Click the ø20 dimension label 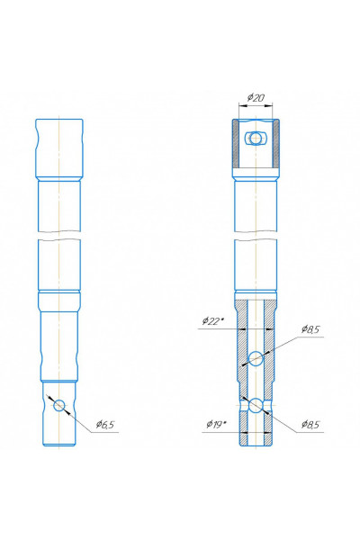click(x=256, y=98)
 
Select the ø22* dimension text click(x=213, y=321)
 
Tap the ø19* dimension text click(x=216, y=424)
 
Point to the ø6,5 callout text click(x=105, y=425)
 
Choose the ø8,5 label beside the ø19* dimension click(x=310, y=424)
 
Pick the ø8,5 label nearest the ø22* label click(x=310, y=329)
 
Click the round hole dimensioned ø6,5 click(x=59, y=405)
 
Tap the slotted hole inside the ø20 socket click(x=256, y=139)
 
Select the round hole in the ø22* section click(x=256, y=358)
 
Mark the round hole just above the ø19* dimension click(x=256, y=405)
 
